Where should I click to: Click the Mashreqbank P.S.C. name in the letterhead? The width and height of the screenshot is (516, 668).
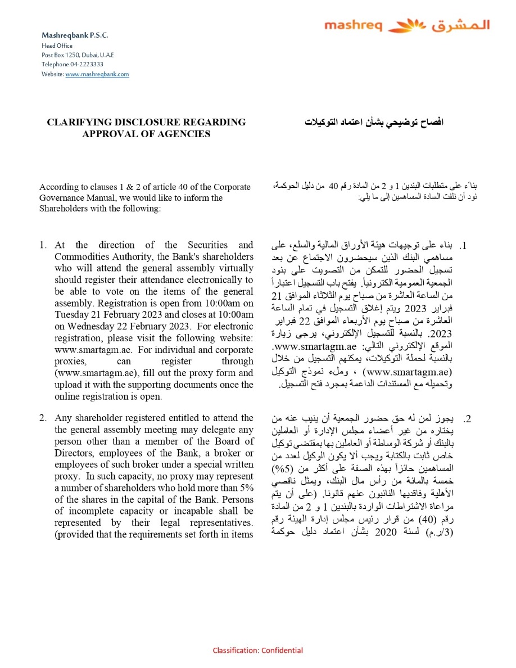tap(75, 35)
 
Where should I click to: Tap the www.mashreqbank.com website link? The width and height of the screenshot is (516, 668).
tap(97, 74)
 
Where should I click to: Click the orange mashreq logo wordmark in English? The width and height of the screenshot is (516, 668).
tap(353, 26)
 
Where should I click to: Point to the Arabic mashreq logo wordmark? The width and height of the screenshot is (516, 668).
tap(460, 26)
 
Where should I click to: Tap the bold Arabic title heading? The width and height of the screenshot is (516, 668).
tap(374, 122)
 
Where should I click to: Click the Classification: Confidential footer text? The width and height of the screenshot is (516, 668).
tap(257, 651)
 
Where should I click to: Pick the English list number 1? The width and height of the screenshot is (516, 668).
tap(43, 245)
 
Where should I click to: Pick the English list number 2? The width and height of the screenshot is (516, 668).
tap(43, 418)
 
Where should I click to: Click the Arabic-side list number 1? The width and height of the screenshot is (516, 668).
tap(464, 246)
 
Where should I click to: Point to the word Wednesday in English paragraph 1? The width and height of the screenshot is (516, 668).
tap(85, 327)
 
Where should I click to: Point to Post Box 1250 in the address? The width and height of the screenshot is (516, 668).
tap(61, 55)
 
